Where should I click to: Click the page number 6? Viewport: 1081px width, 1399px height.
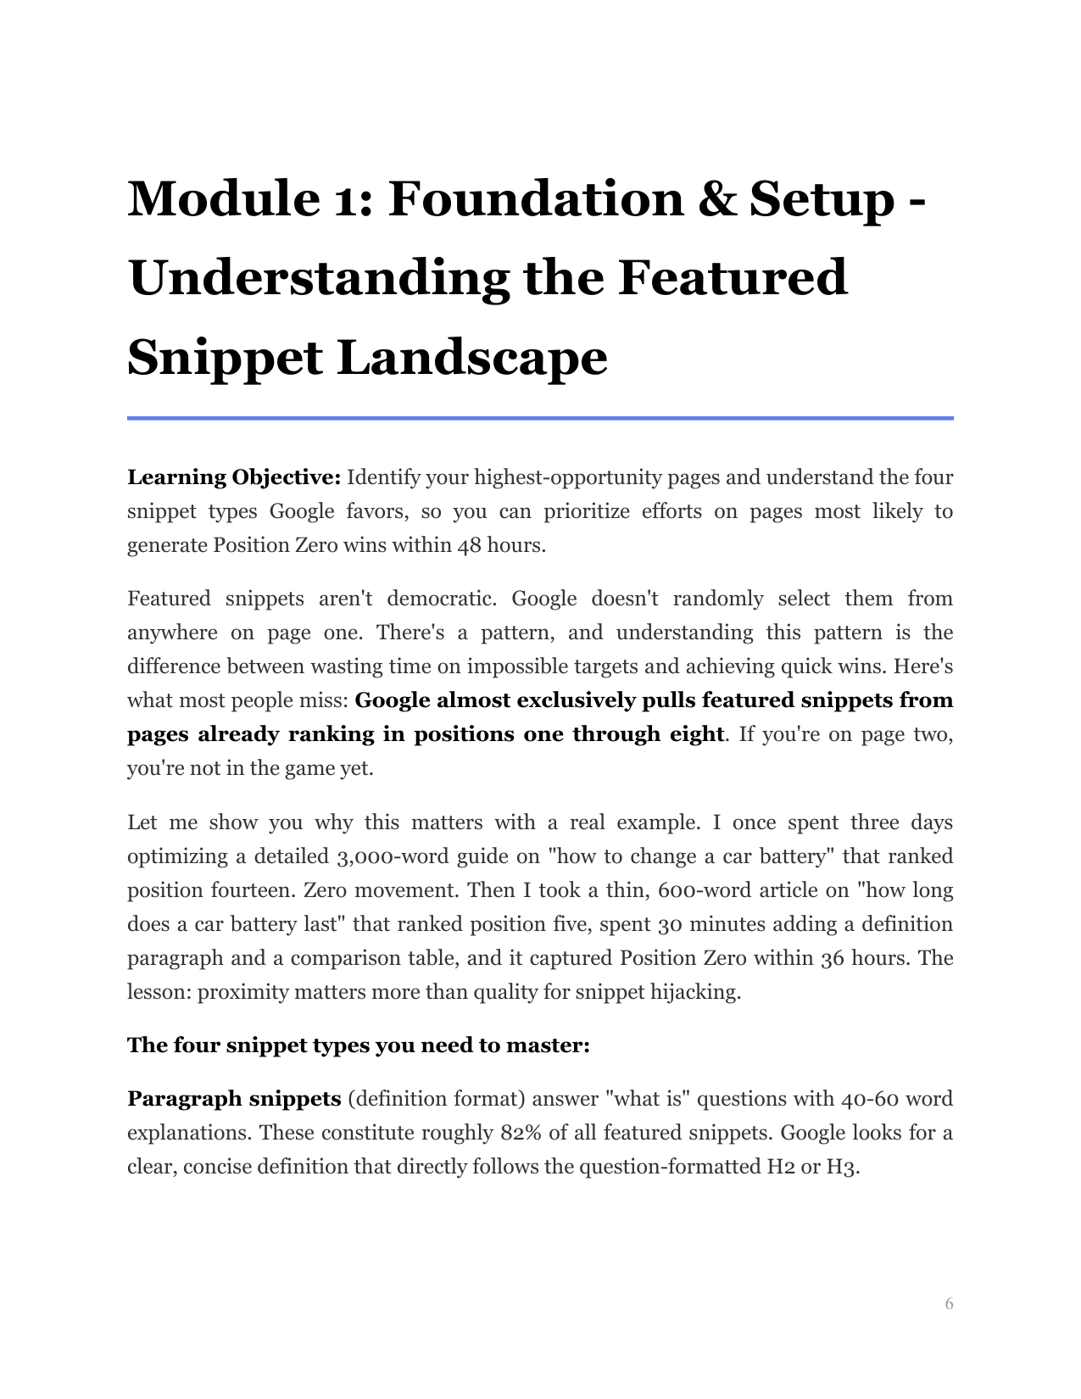tap(949, 1303)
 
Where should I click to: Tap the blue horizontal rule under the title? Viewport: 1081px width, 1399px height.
tap(540, 418)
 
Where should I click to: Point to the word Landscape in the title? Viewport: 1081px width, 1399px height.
tap(472, 358)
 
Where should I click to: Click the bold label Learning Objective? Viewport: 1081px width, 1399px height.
tap(234, 477)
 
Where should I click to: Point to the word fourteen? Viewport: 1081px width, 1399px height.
tap(254, 890)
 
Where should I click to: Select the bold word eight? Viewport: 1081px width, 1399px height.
tap(689, 734)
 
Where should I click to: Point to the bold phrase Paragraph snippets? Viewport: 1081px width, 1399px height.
tap(234, 1099)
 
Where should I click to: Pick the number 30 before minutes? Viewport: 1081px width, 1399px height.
tap(668, 924)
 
